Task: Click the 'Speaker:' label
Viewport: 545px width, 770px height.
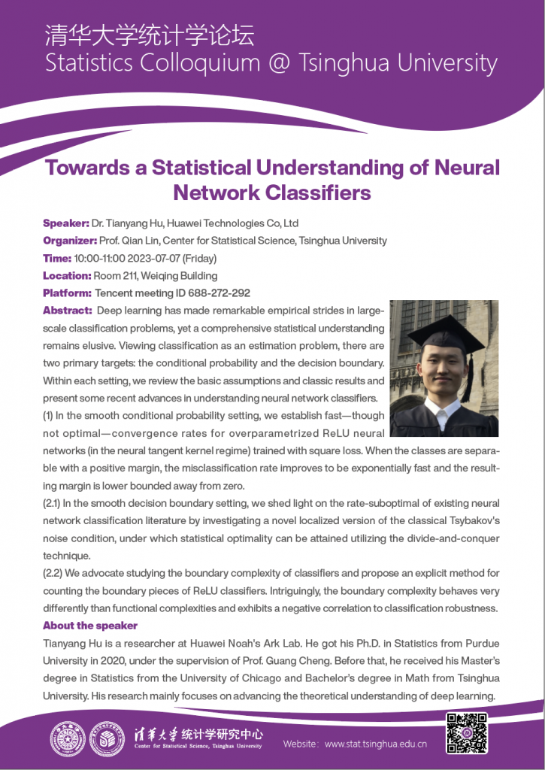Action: click(x=66, y=223)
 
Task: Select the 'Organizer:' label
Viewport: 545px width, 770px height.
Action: click(x=70, y=241)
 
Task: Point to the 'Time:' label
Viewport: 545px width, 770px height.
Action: click(x=57, y=258)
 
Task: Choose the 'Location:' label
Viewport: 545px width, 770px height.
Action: click(x=67, y=275)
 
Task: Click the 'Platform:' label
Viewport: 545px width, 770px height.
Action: click(x=68, y=293)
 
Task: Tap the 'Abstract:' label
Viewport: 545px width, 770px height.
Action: click(x=67, y=311)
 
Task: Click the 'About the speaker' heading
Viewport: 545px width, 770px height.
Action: click(x=90, y=626)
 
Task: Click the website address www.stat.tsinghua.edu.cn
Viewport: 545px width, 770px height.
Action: click(x=376, y=744)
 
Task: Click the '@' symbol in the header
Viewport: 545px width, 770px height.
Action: click(x=283, y=63)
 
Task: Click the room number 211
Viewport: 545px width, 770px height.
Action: click(x=130, y=275)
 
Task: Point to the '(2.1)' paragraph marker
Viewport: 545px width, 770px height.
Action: click(x=55, y=503)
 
